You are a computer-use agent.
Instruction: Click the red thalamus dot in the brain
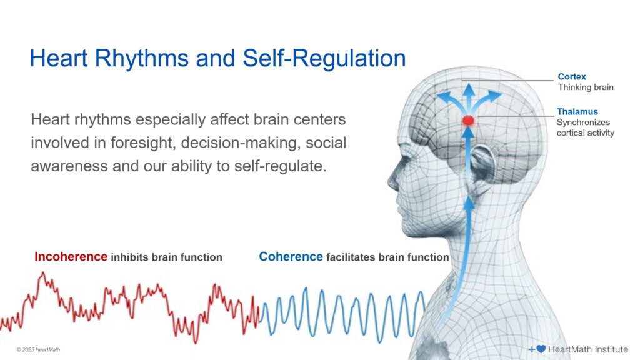click(x=468, y=119)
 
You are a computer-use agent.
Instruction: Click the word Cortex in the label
click(x=572, y=77)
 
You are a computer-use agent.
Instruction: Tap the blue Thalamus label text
click(x=577, y=112)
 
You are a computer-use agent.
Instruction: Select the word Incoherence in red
click(x=71, y=257)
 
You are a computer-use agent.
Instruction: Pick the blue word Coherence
click(x=291, y=257)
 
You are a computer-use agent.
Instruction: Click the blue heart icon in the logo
click(x=541, y=349)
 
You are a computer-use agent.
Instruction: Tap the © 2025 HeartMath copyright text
click(x=38, y=349)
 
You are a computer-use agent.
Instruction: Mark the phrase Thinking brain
click(x=586, y=87)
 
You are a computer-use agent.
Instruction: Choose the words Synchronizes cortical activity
click(x=585, y=127)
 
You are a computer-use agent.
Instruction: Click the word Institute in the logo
click(x=607, y=349)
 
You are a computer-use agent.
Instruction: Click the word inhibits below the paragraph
click(x=131, y=257)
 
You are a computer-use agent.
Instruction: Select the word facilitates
click(x=352, y=257)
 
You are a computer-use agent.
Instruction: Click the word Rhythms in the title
click(x=144, y=59)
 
